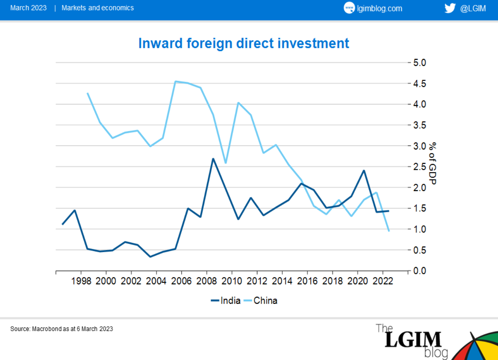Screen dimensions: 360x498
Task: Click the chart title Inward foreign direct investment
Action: point(244,43)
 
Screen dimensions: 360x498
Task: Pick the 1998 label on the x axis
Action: point(81,281)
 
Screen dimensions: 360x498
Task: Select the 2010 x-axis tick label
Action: point(232,281)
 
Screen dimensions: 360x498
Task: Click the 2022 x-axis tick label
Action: point(383,281)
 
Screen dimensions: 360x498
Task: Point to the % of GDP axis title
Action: point(433,163)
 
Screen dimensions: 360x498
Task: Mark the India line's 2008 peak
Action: point(213,159)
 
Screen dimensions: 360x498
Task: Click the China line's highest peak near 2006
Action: point(176,81)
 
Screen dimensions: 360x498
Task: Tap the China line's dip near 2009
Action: point(226,163)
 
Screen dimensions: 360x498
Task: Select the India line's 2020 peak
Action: point(364,171)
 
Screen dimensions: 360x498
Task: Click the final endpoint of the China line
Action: point(389,231)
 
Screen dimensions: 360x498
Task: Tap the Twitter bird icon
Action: point(450,8)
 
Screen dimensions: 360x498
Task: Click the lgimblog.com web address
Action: point(379,8)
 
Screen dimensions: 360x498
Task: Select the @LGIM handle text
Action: point(473,8)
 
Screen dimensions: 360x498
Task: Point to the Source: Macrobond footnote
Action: point(62,329)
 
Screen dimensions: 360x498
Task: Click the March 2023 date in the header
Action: point(28,8)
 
